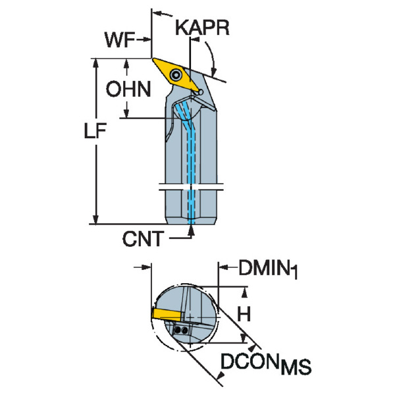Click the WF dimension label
tap(119, 40)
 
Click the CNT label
tap(142, 238)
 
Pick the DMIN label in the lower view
tap(263, 268)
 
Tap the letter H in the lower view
tap(244, 315)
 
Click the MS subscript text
tap(296, 367)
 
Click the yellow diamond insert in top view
tap(177, 74)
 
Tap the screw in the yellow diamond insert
tap(176, 76)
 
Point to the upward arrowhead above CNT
tap(192, 229)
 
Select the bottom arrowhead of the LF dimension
tap(97, 219)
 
